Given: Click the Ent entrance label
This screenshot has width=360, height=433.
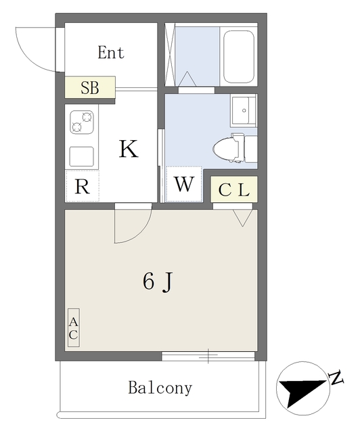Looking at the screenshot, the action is [111, 53].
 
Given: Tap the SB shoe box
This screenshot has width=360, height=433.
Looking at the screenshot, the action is [90, 87].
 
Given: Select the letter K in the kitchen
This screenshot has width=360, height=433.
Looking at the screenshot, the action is [129, 149].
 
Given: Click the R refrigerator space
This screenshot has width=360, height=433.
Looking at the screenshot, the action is [82, 186].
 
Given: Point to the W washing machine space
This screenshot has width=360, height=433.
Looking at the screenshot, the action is [184, 184].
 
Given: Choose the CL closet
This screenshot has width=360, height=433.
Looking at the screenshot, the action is [234, 189].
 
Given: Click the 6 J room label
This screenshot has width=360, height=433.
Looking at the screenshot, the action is [158, 281].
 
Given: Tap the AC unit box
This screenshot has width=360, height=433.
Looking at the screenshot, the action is [74, 327].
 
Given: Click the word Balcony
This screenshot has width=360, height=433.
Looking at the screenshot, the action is [160, 388].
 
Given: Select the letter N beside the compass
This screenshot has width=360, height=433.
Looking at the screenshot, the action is [336, 378].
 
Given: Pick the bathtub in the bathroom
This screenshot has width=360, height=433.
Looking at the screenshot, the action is [239, 57].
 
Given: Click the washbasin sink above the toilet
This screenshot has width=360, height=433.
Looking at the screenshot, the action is [244, 110].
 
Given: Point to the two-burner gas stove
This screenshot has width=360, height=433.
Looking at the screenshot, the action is [81, 122].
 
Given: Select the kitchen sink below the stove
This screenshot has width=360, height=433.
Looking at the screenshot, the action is [81, 156].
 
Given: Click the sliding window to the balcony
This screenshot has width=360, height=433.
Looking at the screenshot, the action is [208, 356].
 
